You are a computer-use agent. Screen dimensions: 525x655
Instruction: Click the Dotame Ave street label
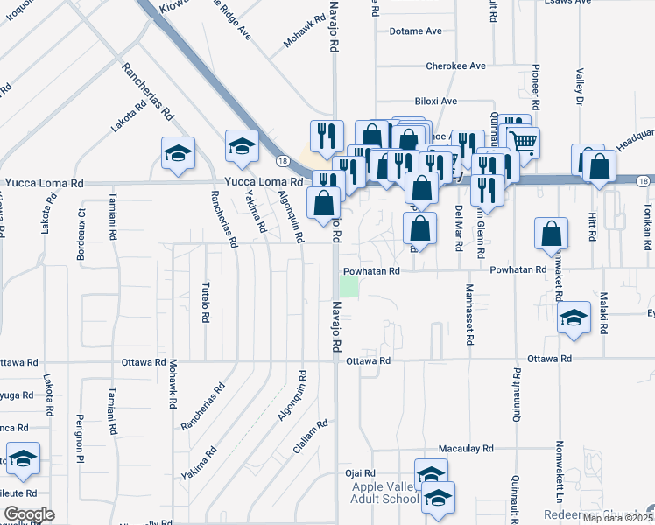pos(417,31)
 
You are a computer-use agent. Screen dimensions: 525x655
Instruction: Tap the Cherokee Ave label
pos(455,66)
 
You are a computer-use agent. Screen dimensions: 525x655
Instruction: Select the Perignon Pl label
pos(80,437)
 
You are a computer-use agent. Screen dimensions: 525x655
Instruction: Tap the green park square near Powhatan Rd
pos(349,286)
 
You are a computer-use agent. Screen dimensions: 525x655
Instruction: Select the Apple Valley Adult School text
pos(385,493)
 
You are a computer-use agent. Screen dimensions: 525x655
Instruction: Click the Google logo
pos(29,514)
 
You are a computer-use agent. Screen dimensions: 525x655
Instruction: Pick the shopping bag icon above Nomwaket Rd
pos(552,234)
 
